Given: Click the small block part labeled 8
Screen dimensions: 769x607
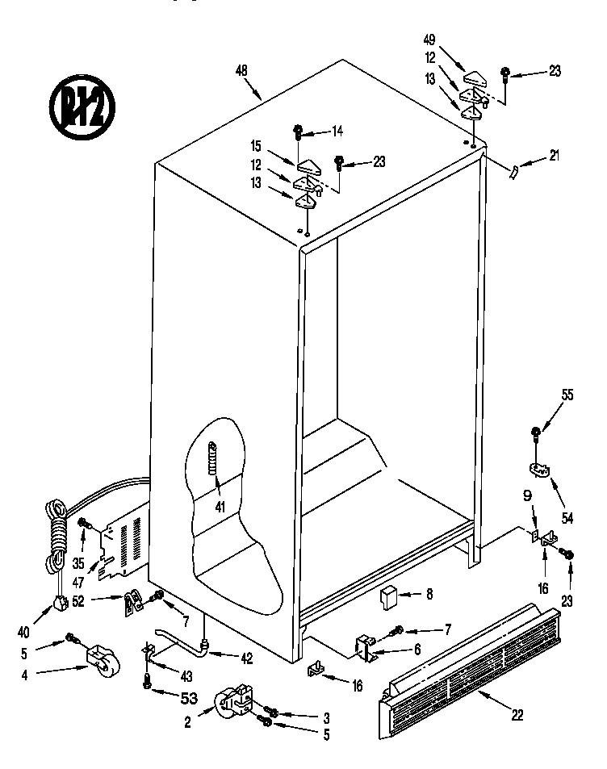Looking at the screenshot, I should pyautogui.click(x=389, y=598).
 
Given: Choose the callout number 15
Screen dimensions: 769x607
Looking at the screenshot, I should pyautogui.click(x=255, y=146).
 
